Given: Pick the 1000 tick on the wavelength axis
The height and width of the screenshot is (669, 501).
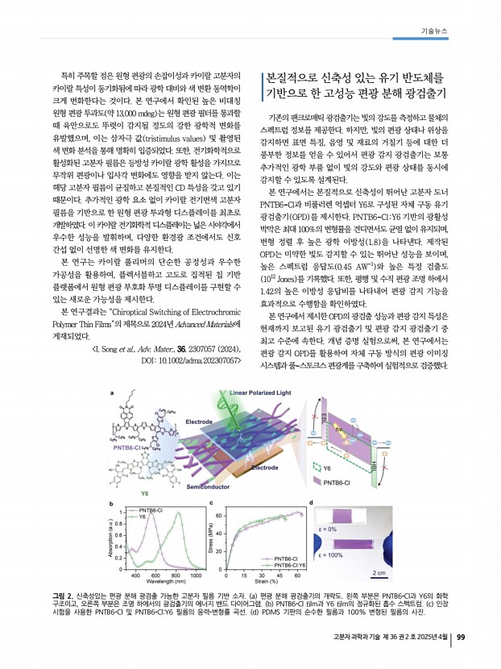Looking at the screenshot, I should coord(194,575).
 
